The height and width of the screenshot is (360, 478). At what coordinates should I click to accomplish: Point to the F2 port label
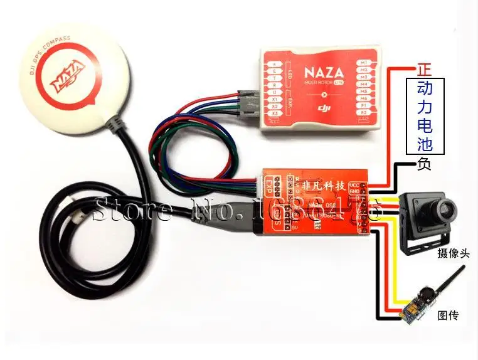[363, 113]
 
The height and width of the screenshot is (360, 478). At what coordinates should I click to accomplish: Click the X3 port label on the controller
[275, 113]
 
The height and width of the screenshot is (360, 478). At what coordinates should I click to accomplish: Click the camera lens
[442, 208]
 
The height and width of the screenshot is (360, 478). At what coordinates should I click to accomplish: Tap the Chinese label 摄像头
[454, 255]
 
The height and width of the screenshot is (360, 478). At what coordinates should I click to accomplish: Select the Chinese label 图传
[448, 314]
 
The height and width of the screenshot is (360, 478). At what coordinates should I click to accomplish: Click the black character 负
[424, 164]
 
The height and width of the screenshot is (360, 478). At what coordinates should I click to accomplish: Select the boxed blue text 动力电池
[425, 117]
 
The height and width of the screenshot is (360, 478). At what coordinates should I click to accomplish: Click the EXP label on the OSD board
[270, 186]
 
